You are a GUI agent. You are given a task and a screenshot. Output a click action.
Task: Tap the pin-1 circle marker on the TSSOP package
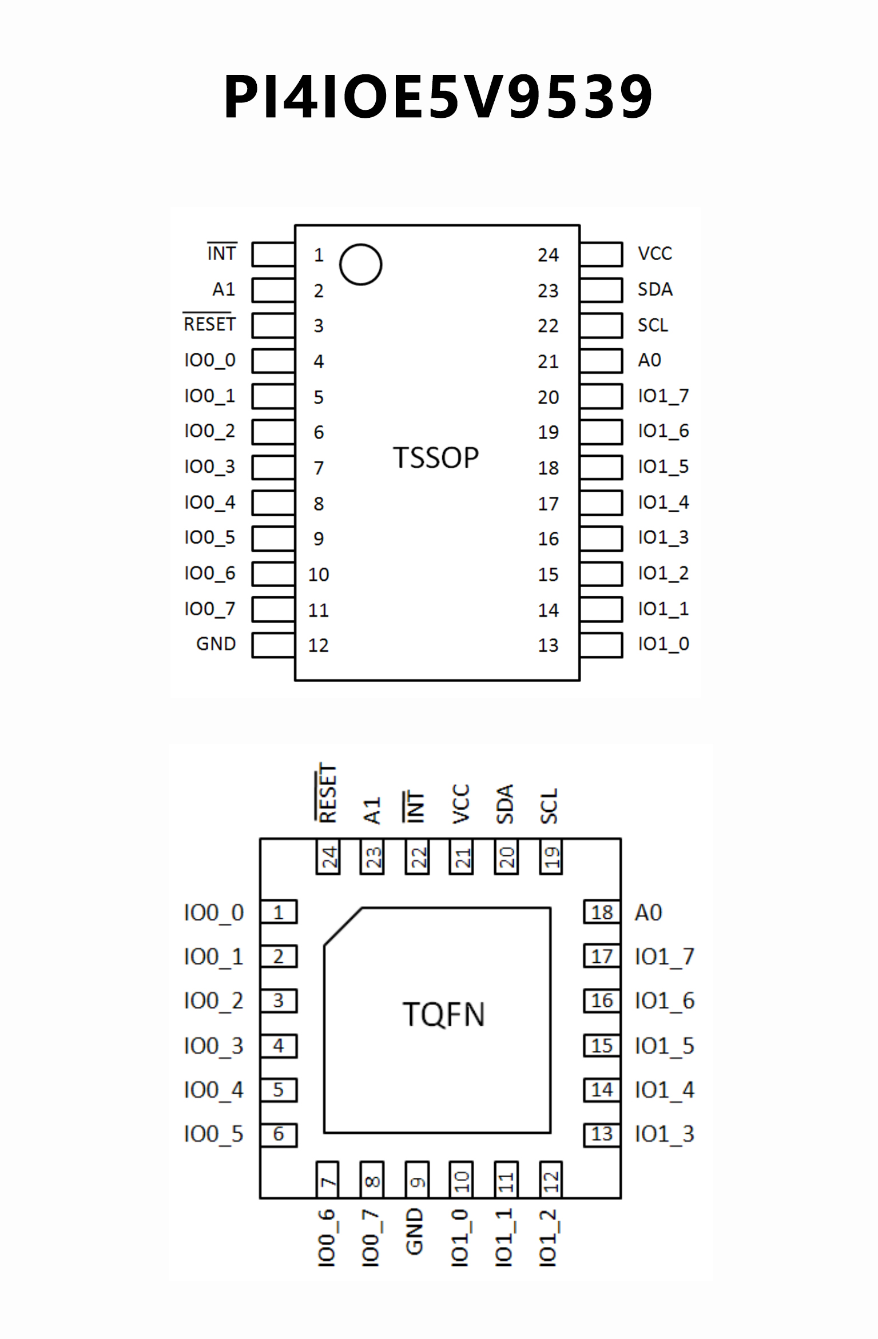click(x=360, y=265)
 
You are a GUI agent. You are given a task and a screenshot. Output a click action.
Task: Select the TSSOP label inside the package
click(x=436, y=458)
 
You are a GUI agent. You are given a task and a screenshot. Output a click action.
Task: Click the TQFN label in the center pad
click(x=444, y=1015)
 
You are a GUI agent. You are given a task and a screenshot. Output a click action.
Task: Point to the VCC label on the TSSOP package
click(x=655, y=254)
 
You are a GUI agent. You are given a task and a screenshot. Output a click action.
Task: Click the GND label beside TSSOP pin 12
click(x=216, y=644)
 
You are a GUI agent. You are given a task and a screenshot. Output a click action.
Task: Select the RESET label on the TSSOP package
click(x=209, y=324)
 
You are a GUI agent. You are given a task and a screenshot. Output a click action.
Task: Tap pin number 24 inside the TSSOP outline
click(x=548, y=255)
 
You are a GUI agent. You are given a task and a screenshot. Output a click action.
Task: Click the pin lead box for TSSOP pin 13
click(x=601, y=645)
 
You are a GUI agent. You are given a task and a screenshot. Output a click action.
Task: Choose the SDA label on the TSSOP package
click(x=655, y=290)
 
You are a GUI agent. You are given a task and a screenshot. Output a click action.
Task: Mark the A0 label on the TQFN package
click(x=649, y=913)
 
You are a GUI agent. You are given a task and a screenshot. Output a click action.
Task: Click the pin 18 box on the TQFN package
click(x=602, y=912)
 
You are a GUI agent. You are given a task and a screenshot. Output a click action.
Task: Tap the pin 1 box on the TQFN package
click(x=279, y=912)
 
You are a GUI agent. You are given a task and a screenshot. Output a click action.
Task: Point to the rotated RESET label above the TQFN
click(x=328, y=793)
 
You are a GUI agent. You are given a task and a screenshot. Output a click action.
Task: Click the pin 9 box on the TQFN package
click(x=417, y=1179)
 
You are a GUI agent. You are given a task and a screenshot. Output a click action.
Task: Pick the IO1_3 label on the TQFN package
click(x=665, y=1134)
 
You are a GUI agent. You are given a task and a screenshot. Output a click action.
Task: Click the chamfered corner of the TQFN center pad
click(x=343, y=926)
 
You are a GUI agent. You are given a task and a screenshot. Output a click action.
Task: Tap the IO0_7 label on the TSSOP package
click(x=209, y=609)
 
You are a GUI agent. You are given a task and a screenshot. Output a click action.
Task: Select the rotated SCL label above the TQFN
click(x=549, y=806)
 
